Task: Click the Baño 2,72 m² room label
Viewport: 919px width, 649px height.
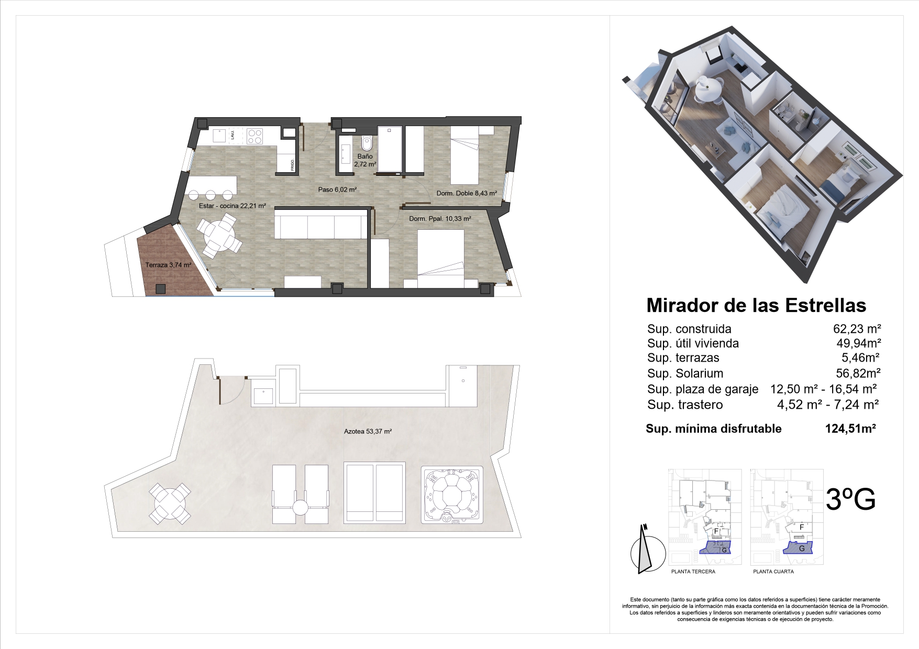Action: [365, 160]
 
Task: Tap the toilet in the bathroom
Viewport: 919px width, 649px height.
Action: [366, 142]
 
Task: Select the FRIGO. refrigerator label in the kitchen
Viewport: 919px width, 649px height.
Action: [293, 164]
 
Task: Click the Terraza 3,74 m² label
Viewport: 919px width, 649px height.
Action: [168, 265]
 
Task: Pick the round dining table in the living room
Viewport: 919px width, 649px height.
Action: [220, 237]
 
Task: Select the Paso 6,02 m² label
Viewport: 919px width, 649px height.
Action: [337, 189]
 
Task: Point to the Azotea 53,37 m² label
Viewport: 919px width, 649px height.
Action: [368, 432]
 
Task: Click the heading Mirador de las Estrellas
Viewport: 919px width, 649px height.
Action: [756, 305]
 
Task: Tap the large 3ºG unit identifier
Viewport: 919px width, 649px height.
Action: [850, 499]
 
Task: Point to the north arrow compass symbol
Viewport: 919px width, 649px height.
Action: [645, 550]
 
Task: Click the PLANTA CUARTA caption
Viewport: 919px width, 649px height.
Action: [773, 572]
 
